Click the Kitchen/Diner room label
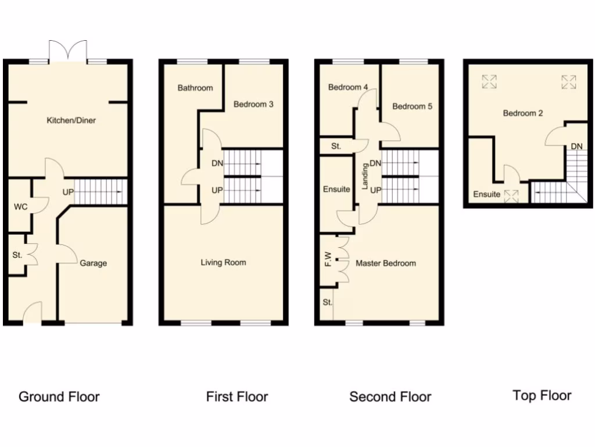coord(71,120)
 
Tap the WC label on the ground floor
coord(20,206)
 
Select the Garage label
coord(94,263)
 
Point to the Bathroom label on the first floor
coord(195,88)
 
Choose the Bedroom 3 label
coord(253,105)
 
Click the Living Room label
coord(223,262)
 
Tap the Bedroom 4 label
coord(348,87)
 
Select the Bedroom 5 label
coord(412,107)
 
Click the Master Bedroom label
coord(386,263)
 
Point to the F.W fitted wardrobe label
coord(328,260)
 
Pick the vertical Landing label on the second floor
coord(365,176)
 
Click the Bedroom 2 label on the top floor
coord(523,113)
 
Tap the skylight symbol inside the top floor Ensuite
coord(512,195)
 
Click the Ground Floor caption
coord(59,397)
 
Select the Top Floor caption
coord(542,396)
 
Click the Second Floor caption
coord(390,397)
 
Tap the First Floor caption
coord(237,397)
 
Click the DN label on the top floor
coord(576,146)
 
